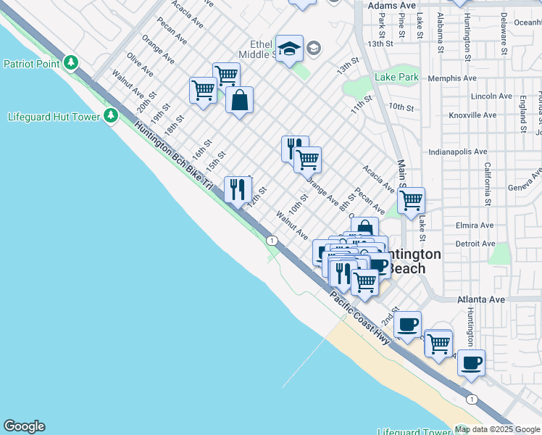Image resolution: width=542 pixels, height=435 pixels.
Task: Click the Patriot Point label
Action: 31,64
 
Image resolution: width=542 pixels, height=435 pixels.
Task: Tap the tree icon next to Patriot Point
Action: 71,63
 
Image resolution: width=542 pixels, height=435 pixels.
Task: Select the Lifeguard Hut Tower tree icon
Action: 110,115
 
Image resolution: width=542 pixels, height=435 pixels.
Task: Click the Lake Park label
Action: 396,77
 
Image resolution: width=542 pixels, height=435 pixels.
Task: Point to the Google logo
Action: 24,426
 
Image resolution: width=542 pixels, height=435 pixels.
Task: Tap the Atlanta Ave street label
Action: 480,299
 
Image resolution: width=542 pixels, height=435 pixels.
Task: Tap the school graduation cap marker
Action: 290,49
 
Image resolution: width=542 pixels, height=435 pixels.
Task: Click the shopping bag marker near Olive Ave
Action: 239,101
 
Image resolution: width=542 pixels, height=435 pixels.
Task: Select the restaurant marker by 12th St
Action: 238,190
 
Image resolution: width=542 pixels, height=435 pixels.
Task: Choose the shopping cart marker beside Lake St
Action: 411,201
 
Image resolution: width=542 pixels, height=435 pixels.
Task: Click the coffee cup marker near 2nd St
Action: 408,323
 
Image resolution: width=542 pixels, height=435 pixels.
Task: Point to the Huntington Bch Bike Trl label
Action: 173,155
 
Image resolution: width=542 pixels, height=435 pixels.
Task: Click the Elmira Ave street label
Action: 475,225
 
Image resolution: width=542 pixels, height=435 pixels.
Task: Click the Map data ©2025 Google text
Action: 498,429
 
